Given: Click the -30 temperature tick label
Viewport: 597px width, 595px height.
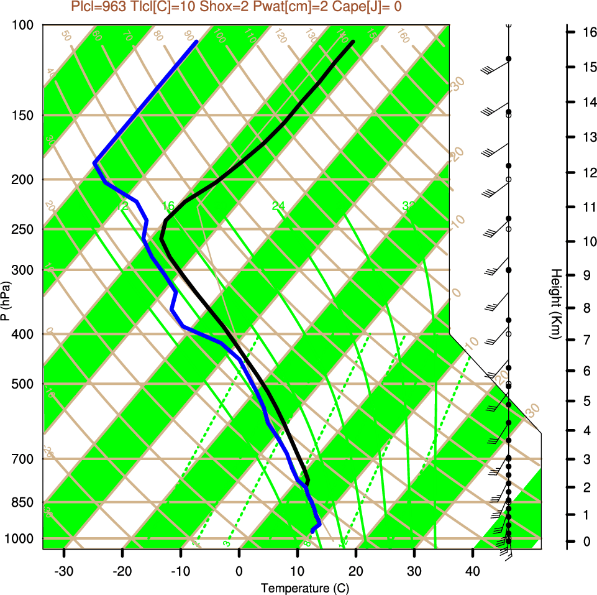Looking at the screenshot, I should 64,570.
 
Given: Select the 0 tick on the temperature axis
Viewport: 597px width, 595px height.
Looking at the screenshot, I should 239,570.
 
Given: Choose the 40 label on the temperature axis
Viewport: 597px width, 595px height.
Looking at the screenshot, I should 473,570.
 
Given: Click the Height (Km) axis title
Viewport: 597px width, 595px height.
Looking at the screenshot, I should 556,304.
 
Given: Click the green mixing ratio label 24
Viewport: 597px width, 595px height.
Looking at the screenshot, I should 278,206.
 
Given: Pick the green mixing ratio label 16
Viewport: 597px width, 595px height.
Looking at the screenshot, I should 168,206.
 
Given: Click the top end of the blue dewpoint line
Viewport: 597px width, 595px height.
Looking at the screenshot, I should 196,42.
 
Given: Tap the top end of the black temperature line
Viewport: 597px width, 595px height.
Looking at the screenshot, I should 353,42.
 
